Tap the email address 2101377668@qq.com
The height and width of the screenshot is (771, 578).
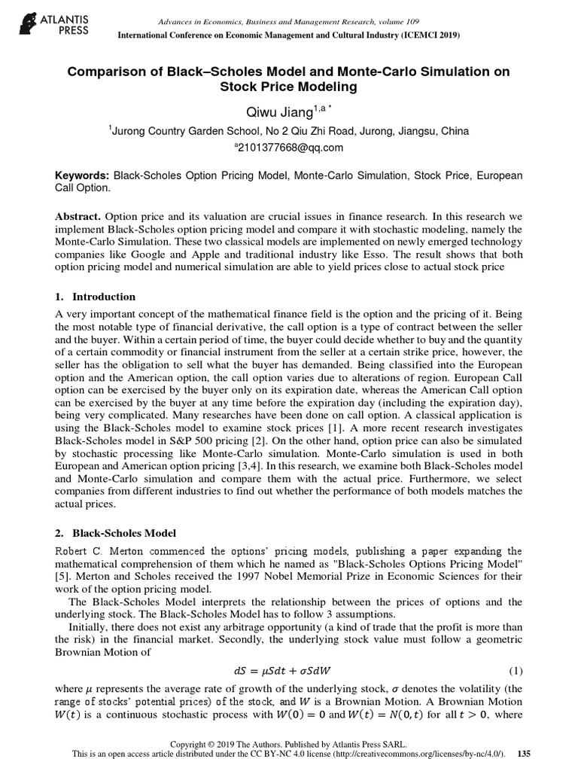click(x=291, y=148)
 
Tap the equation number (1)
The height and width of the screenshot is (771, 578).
click(x=515, y=671)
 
